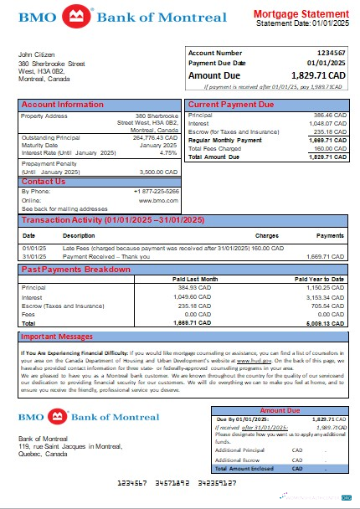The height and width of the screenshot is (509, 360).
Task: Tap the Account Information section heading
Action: tap(57, 105)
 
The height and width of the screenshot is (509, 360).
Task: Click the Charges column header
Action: tap(267, 236)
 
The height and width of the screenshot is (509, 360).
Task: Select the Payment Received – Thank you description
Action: tap(104, 256)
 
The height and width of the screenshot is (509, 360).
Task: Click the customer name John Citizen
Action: tap(39, 54)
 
